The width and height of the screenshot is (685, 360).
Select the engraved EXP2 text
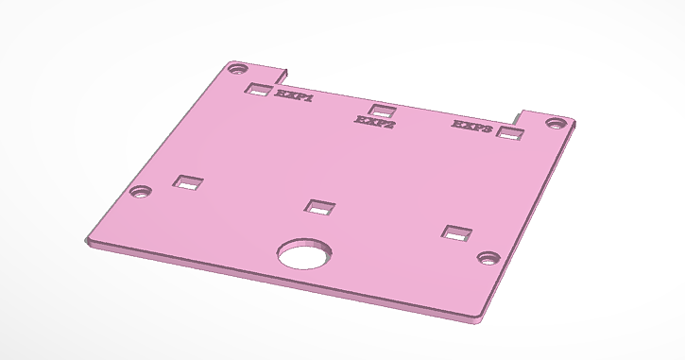[x=374, y=122]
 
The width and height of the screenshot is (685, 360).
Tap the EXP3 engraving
[x=471, y=126]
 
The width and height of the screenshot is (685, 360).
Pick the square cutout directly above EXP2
[x=382, y=110]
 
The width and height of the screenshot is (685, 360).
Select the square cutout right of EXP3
[x=511, y=134]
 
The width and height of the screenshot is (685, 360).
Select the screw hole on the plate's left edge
[x=142, y=191]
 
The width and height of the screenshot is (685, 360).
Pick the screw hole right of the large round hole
[x=488, y=257]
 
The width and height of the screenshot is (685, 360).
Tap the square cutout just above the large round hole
[x=320, y=207]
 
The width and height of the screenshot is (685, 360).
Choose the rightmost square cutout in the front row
[x=457, y=233]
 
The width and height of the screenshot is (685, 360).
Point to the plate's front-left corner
[x=87, y=242]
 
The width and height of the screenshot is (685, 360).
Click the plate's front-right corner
[x=478, y=320]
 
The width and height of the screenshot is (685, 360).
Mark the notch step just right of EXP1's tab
[x=286, y=73]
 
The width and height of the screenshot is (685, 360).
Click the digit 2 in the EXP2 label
[x=389, y=123]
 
